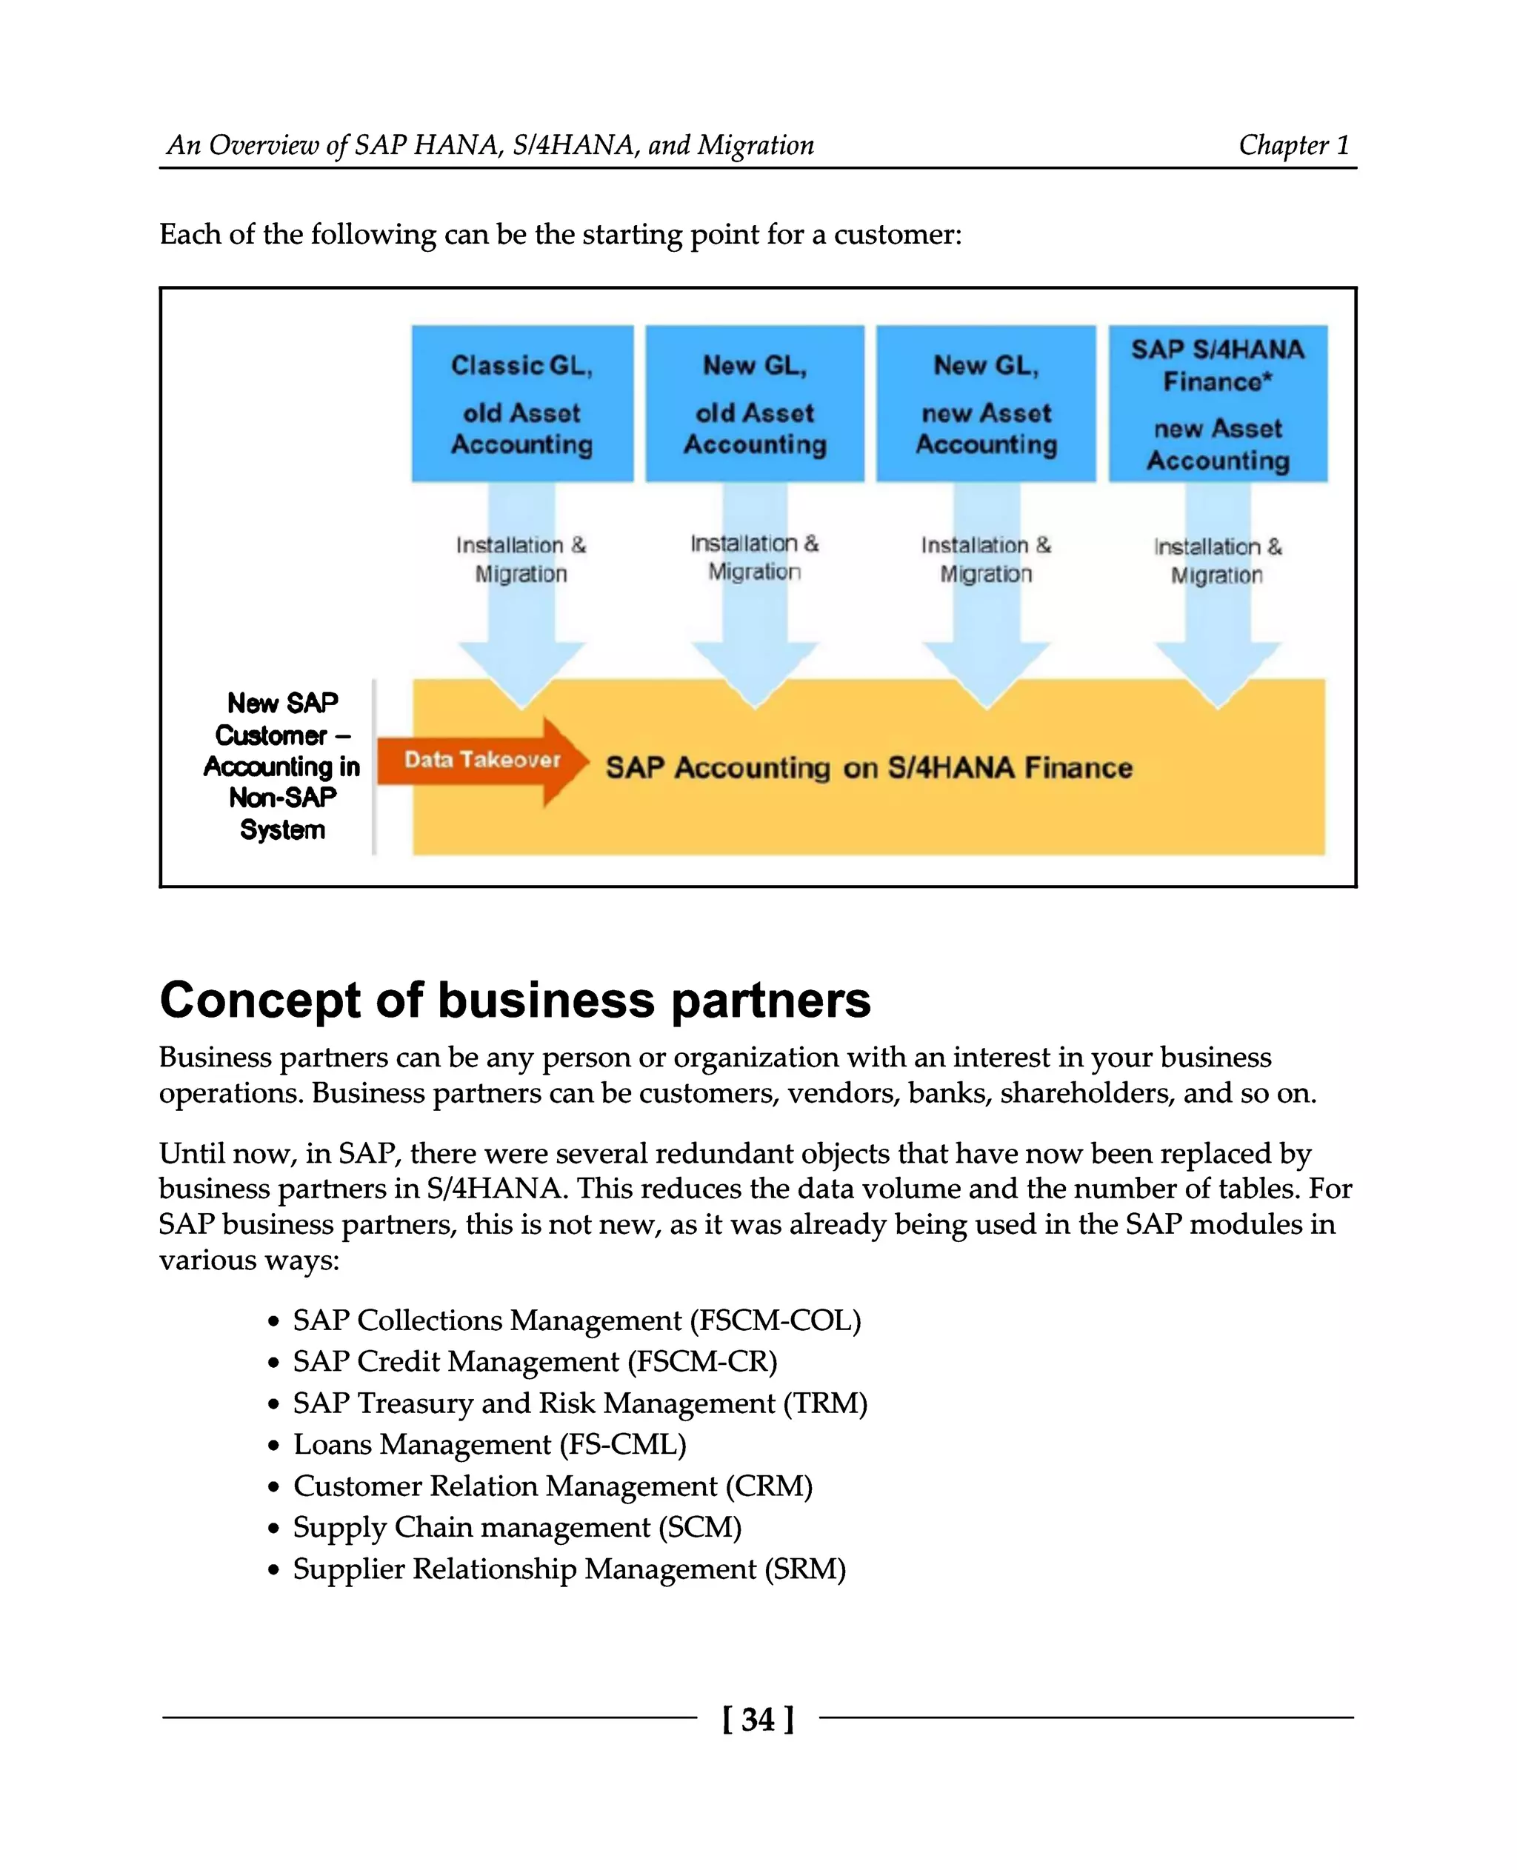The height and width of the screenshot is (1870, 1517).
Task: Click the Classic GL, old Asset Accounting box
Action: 521,403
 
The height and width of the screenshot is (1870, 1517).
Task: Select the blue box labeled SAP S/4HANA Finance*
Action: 1217,403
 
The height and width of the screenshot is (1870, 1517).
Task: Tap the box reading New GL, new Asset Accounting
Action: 986,403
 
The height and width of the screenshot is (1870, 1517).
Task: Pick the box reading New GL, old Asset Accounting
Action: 754,403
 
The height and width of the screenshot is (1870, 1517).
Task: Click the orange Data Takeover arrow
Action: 481,761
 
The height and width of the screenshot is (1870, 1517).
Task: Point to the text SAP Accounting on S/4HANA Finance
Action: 869,768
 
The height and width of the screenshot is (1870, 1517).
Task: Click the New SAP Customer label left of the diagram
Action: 281,766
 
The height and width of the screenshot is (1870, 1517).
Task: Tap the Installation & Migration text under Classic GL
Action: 521,559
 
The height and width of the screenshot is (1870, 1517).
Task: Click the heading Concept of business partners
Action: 515,1000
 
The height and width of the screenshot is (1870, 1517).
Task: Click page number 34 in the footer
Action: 758,1719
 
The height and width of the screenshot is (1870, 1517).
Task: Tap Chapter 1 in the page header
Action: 1293,145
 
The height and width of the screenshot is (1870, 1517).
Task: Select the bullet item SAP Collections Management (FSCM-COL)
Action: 577,1320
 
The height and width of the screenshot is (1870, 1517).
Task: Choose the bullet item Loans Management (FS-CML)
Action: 490,1443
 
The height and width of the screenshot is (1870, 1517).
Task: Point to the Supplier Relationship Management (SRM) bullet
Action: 569,1569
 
